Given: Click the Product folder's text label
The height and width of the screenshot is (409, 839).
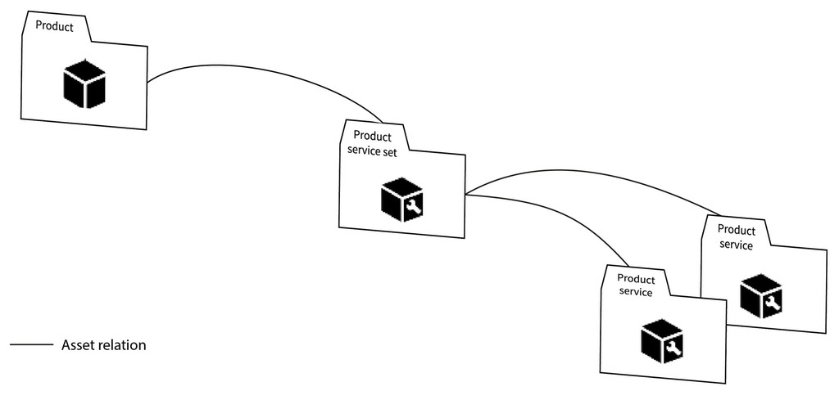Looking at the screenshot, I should click(54, 27).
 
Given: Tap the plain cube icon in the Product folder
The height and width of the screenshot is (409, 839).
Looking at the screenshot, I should click(84, 83).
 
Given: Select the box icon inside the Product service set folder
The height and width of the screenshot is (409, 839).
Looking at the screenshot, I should click(401, 199).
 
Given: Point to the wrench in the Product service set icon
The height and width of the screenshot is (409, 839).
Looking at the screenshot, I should click(412, 207).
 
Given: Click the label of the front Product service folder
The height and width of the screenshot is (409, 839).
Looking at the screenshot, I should click(636, 286).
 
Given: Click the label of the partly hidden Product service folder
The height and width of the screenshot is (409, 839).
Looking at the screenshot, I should click(736, 237).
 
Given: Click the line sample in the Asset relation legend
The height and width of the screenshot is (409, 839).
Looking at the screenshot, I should click(31, 345).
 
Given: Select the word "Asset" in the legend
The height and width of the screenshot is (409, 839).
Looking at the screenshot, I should click(79, 345).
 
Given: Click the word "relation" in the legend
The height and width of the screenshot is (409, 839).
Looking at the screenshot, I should click(122, 345).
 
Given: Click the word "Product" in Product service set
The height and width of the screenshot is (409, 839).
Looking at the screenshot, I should click(372, 137).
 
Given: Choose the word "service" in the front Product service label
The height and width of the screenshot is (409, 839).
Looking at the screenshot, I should click(636, 292).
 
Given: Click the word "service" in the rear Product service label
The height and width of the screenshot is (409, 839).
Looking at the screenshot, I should click(735, 245).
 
